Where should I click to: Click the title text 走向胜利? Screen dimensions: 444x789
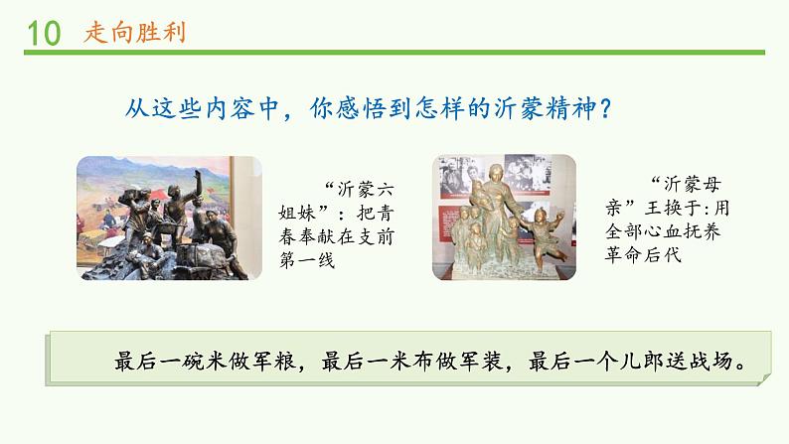click(125, 33)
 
